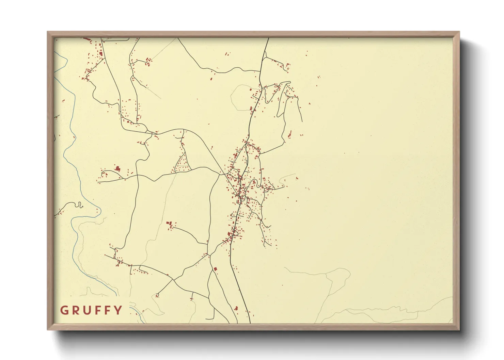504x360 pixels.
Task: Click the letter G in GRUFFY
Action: click(x=64, y=310)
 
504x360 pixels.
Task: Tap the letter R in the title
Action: click(x=75, y=310)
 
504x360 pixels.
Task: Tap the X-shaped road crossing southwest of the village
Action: click(x=174, y=280)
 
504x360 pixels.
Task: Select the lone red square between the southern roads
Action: click(x=215, y=269)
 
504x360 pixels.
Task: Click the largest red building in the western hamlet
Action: click(x=118, y=168)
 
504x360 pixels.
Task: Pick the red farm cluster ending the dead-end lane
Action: click(x=169, y=225)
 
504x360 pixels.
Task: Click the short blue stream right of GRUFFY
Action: click(x=136, y=312)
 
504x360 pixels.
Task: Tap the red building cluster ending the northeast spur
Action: click(x=287, y=66)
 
